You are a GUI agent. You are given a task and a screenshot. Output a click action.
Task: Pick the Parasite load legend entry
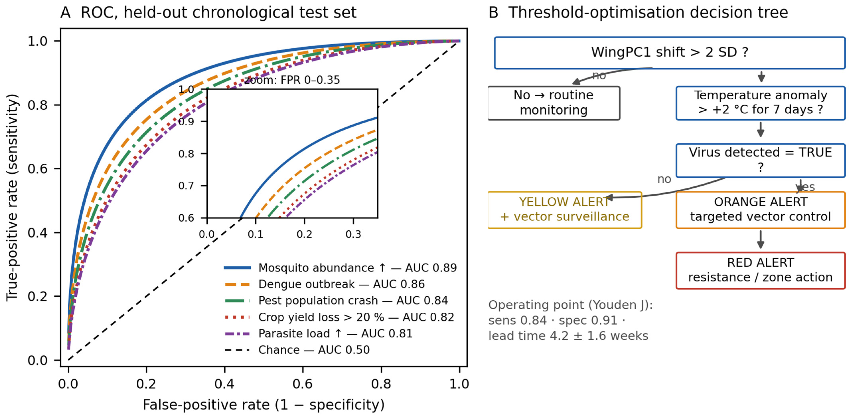click(319, 334)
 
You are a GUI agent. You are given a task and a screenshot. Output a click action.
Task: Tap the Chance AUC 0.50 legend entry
click(297, 350)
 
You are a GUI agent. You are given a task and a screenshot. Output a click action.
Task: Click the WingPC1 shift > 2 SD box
click(670, 53)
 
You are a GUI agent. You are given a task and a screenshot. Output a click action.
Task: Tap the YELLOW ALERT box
click(565, 210)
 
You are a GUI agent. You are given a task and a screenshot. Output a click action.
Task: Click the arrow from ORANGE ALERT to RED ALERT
click(761, 240)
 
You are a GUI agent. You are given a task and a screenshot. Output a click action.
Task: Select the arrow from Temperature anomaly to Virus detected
click(761, 129)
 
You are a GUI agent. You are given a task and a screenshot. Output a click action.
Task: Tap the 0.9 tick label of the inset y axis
click(186, 122)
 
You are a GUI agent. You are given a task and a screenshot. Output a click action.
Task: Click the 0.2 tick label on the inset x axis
click(304, 234)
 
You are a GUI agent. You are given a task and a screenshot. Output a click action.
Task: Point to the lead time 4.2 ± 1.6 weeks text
click(568, 336)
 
